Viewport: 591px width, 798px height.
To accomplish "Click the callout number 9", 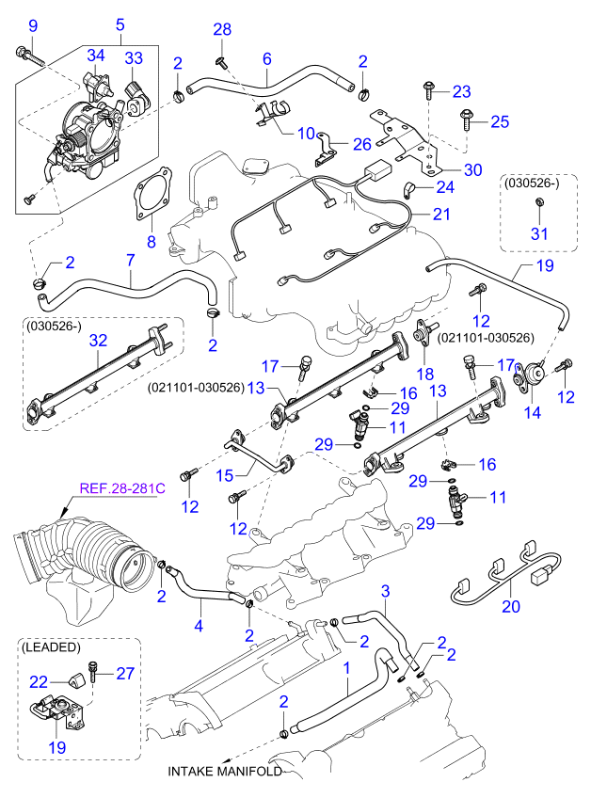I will pos(33,24).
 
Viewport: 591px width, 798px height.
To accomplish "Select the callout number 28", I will pos(222,31).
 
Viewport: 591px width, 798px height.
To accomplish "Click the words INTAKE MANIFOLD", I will pos(225,772).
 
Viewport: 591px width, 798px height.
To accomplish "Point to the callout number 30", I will pos(472,169).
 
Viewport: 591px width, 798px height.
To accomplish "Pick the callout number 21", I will pos(442,215).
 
